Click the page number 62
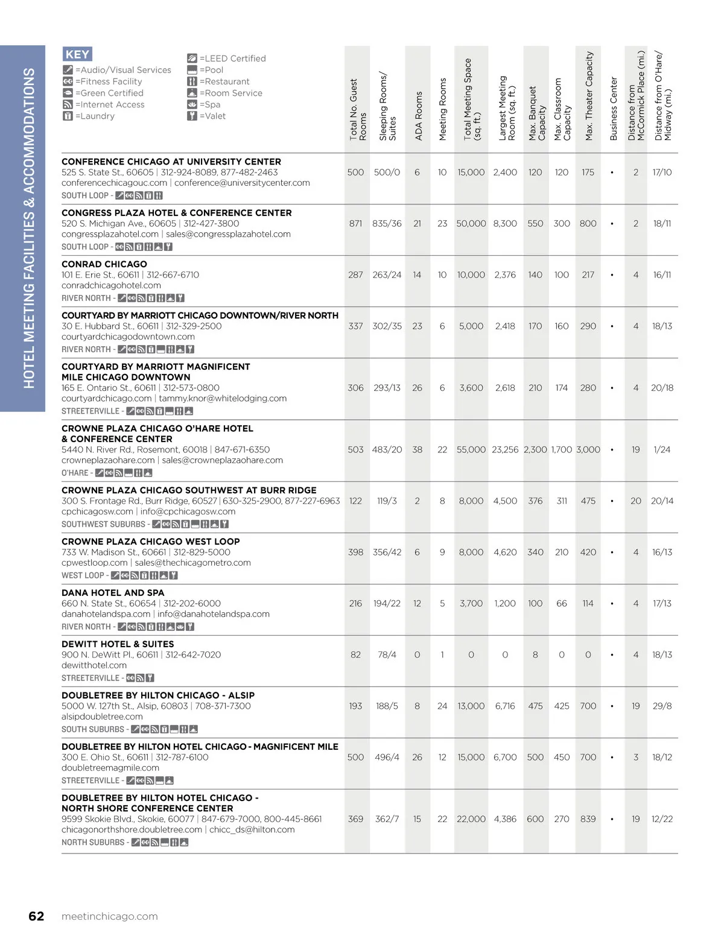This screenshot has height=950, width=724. coord(36,916)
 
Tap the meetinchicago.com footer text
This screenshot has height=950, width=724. coord(110,916)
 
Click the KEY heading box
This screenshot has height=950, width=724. coord(77,54)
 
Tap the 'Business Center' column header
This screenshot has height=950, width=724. coord(614,109)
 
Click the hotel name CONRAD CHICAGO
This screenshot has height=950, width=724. coord(104,264)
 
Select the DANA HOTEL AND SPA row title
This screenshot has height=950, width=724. coord(113,593)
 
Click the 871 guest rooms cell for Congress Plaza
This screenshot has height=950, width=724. coord(355,224)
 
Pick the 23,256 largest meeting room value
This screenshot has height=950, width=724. coord(505,450)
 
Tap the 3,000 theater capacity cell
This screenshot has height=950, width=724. coord(588,450)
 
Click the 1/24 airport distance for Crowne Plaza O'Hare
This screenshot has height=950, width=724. coord(662,450)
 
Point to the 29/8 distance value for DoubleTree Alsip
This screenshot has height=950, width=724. coord(662,706)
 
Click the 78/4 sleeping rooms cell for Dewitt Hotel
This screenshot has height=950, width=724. coord(387,655)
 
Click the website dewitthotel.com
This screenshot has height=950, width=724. coord(94,665)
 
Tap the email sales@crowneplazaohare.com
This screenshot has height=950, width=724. coord(223,460)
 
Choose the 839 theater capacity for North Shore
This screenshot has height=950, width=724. coord(588,819)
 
